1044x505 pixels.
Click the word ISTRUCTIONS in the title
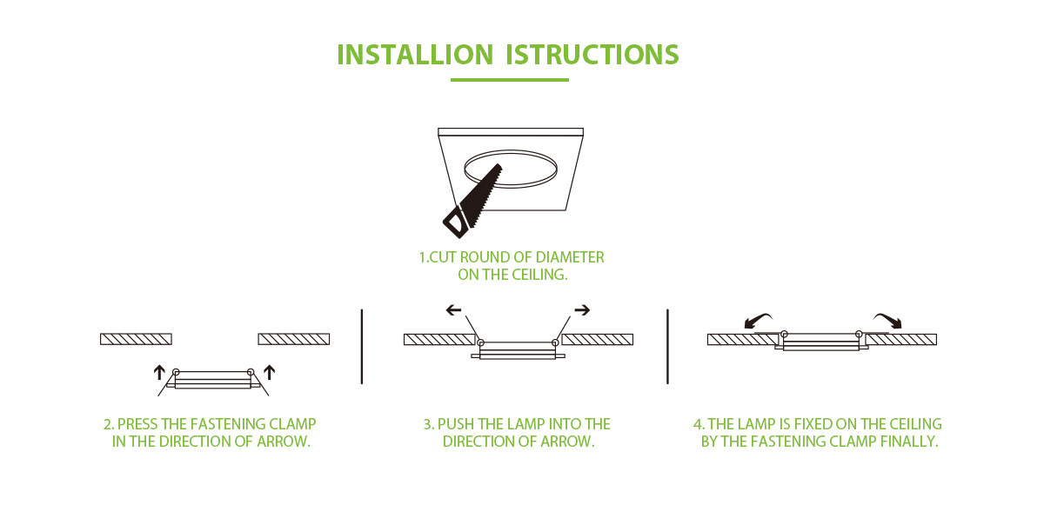592,55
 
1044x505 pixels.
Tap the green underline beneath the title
510,80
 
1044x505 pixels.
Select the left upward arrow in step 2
159,372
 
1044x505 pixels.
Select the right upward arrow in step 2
270,372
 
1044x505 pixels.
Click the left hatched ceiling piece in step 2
137,339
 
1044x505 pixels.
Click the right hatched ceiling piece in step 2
293,339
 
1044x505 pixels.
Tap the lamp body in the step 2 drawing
214,381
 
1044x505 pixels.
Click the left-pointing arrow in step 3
453,309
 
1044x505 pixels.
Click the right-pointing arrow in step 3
582,309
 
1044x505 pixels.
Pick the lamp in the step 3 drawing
519,349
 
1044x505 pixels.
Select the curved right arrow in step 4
888,320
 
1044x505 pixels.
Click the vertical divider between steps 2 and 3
361,345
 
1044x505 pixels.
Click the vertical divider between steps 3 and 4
667,345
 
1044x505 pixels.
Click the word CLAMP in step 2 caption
293,424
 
